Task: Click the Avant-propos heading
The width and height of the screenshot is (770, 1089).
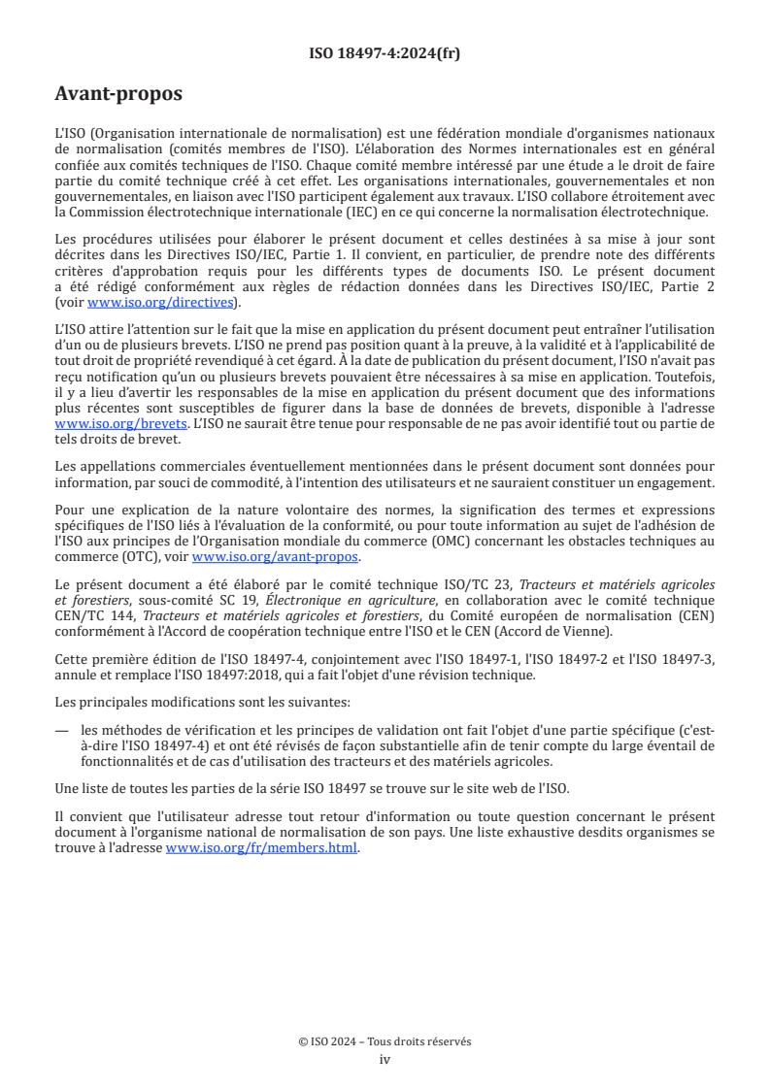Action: point(118,95)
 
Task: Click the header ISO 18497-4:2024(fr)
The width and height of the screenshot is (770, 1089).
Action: point(385,53)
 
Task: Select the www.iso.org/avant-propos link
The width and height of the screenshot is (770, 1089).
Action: point(276,556)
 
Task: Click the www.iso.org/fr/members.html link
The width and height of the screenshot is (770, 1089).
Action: point(262,847)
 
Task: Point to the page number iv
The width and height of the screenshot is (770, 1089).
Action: point(385,1059)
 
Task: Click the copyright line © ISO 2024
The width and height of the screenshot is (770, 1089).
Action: point(385,1040)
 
